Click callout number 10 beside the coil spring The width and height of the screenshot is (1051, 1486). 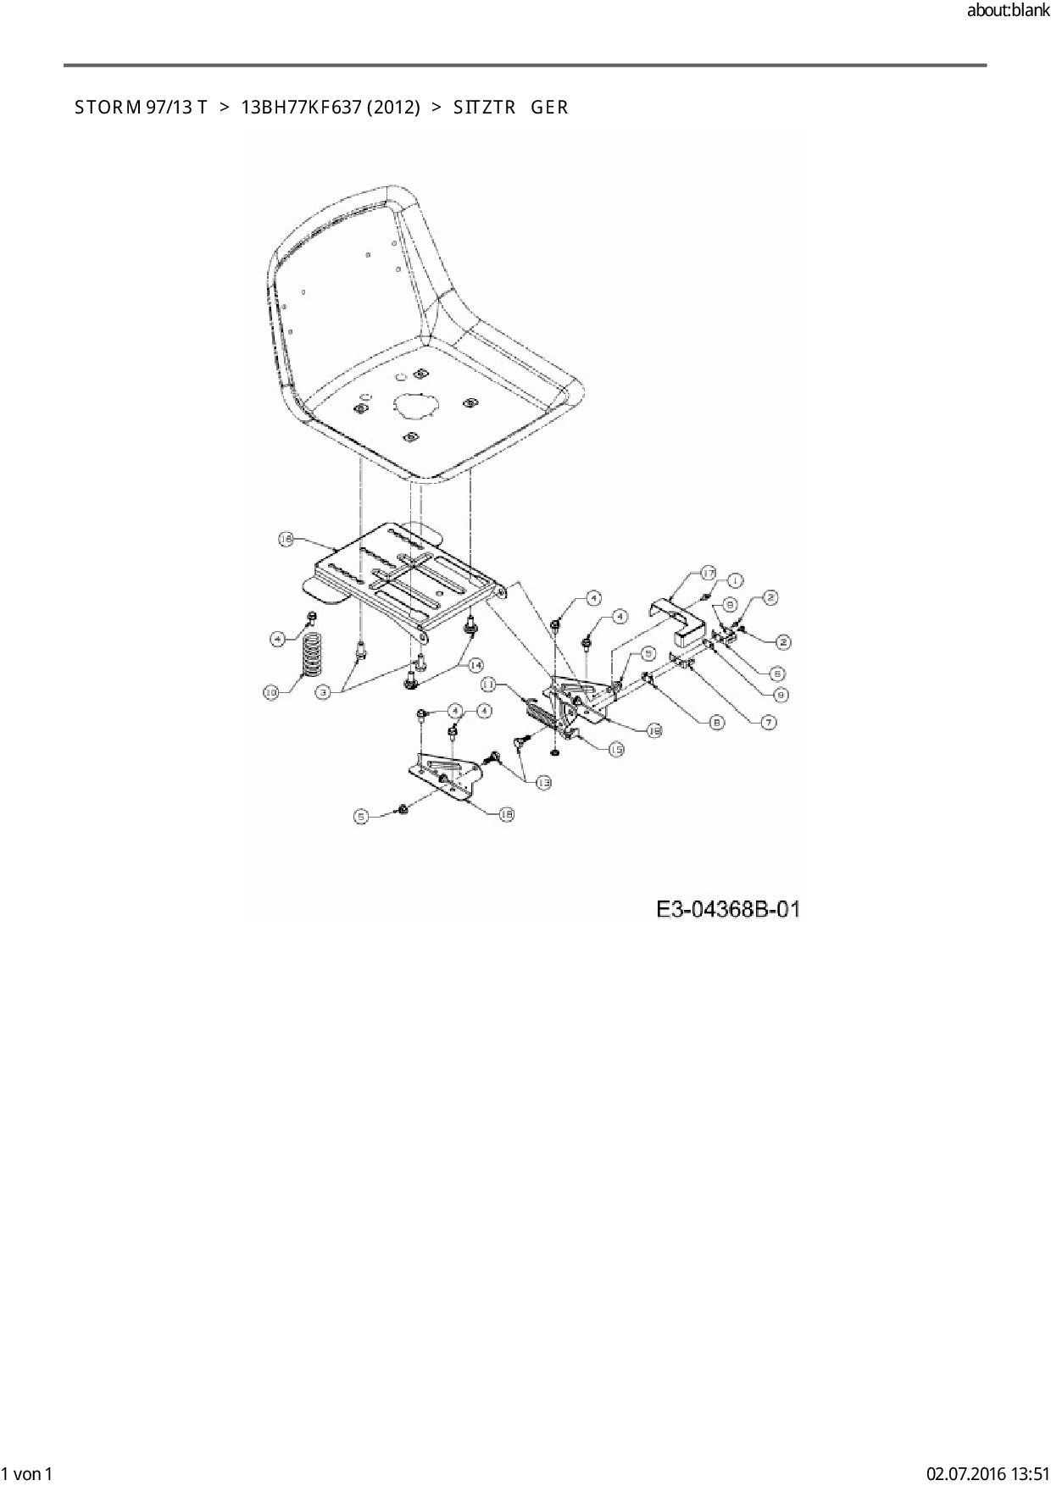point(271,692)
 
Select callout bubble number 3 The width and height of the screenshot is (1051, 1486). point(323,692)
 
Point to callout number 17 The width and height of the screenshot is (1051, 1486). point(709,574)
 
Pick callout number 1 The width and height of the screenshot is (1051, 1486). point(734,579)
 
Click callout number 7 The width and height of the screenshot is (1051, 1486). point(768,722)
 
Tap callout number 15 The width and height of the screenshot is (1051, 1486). point(616,749)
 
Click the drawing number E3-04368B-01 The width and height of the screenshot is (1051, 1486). point(728,909)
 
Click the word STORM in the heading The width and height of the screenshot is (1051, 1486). point(107,108)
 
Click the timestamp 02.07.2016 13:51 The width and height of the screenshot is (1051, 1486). point(988,1473)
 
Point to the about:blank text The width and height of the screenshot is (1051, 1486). point(1008,12)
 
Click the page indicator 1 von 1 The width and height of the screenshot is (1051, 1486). point(27,1473)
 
